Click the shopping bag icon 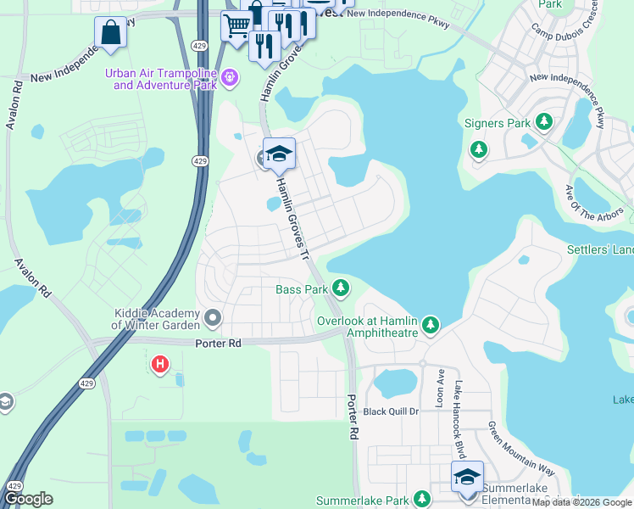click(x=110, y=33)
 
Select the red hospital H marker click(x=158, y=365)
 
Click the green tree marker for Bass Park click(x=341, y=289)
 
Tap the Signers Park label click(x=497, y=123)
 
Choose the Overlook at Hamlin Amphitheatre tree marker click(x=431, y=325)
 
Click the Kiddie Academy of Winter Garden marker click(x=212, y=319)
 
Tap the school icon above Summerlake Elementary click(x=466, y=478)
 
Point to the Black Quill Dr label click(x=392, y=411)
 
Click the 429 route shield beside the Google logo click(x=14, y=485)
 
